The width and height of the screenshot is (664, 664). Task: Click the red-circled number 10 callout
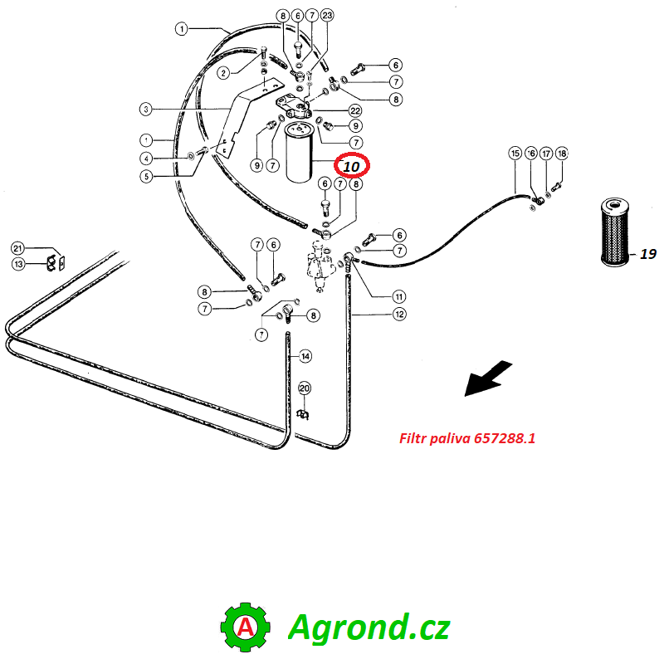(352, 166)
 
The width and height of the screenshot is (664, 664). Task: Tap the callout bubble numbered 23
(327, 16)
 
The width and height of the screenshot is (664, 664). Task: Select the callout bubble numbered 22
(355, 110)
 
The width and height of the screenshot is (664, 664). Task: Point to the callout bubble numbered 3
(146, 110)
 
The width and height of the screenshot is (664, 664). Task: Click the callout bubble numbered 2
(223, 73)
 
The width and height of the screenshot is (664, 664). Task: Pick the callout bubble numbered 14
(305, 357)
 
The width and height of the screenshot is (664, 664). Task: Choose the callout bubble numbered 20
(305, 388)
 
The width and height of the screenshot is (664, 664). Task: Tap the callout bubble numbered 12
(399, 315)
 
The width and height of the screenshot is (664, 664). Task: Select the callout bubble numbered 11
(399, 296)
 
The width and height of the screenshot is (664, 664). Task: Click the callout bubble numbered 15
(515, 154)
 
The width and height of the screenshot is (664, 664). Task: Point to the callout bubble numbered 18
(562, 154)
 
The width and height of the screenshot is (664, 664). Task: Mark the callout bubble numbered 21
(17, 248)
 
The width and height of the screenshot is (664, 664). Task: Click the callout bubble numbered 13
(18, 264)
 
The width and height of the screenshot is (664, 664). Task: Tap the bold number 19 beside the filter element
(648, 254)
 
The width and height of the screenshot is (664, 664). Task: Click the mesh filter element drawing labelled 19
(615, 232)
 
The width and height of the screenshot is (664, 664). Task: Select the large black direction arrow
(489, 378)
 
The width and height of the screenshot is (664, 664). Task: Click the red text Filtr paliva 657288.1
(467, 438)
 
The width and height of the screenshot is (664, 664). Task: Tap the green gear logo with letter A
(245, 627)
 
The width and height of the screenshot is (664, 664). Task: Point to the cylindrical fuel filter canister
(300, 152)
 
